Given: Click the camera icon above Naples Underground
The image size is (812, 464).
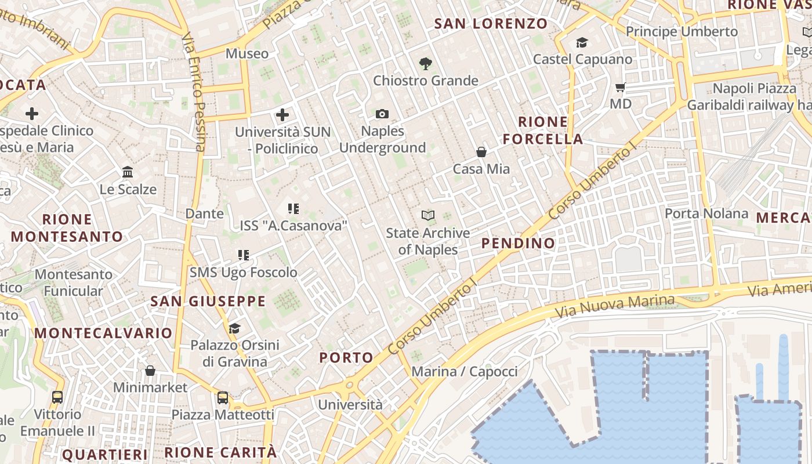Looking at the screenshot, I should point(382,114).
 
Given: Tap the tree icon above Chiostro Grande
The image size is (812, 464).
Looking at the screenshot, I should point(426,63).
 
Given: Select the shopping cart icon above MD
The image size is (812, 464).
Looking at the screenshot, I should point(621,88).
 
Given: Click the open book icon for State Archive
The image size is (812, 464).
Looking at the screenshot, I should point(428,216).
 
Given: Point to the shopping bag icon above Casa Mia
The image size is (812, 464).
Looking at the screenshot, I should point(481,152).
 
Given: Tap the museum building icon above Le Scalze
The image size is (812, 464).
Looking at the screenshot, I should point(128,172).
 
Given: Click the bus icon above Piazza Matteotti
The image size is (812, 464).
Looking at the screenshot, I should point(223,398).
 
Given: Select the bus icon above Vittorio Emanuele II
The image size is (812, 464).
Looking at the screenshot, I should point(57,397).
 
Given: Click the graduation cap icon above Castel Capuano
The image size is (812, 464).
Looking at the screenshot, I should point(582,42).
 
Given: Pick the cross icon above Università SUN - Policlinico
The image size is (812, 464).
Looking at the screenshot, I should point(282,115).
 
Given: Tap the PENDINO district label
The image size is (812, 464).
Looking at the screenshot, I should point(519,243).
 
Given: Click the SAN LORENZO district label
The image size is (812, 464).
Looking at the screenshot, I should point(491,24).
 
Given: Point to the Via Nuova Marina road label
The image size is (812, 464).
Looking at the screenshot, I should point(615,306).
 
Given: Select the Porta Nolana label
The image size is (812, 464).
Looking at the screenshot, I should point(706,213).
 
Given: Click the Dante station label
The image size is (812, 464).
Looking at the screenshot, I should point(204,213).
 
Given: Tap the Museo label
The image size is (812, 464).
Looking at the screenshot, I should point(247,54).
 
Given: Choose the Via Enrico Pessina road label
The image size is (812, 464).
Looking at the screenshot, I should point(194,93).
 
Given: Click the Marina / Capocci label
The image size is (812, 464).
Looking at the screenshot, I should point(464,371).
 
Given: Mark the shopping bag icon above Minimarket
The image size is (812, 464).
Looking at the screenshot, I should point(150,371).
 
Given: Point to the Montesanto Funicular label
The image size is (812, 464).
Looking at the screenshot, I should point(74,282).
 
